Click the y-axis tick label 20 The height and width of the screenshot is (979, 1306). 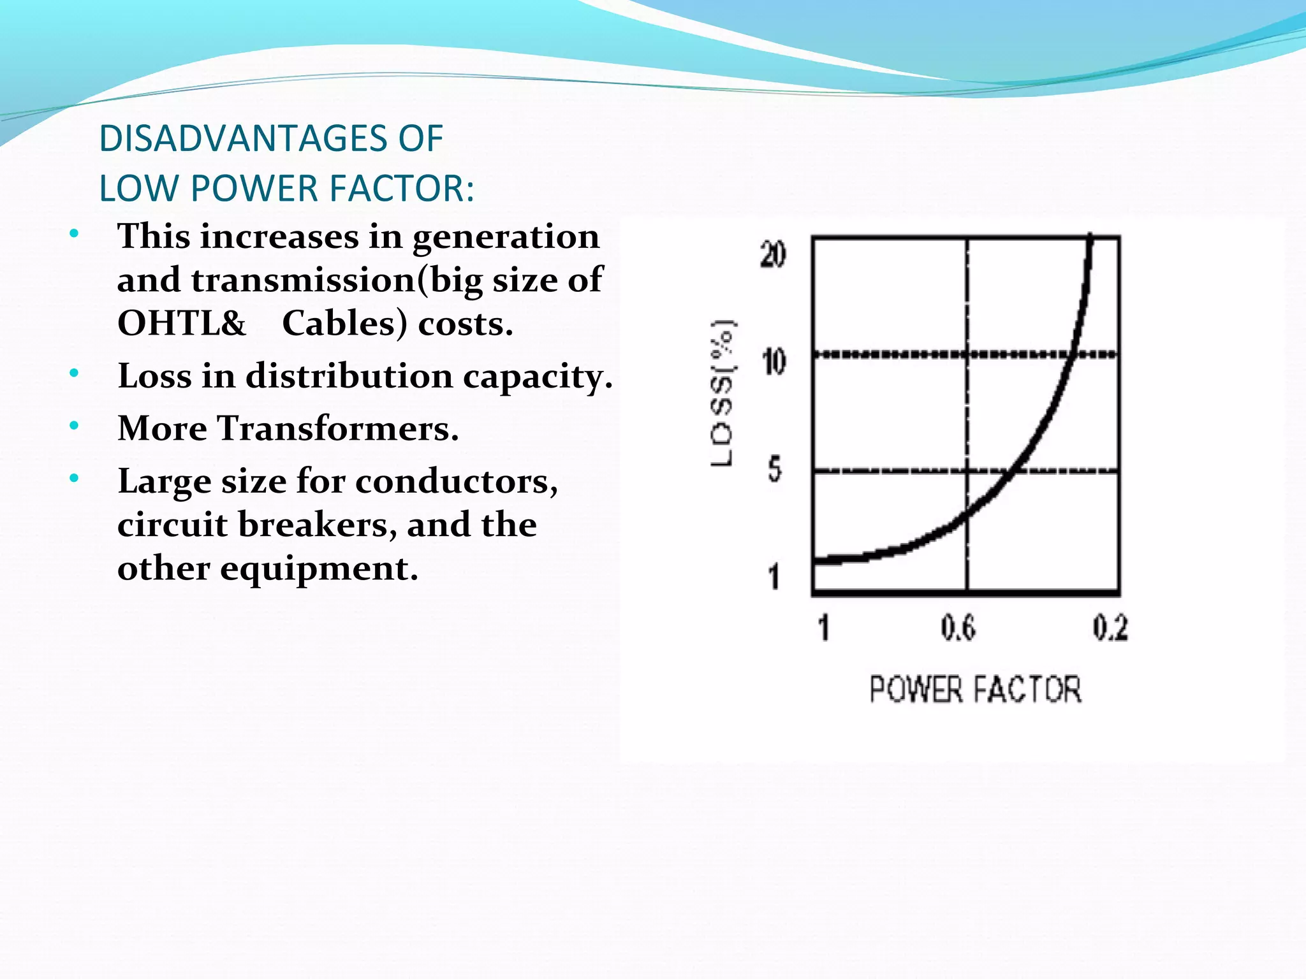coord(774,255)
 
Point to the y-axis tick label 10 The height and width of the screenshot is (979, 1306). coord(774,363)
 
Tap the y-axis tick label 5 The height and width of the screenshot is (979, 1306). coord(775,470)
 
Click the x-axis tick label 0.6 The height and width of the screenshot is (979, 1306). coord(958,628)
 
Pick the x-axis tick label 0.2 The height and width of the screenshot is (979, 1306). coord(1110,628)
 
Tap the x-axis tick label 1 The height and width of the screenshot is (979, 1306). coord(824,628)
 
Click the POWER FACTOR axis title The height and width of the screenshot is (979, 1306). coord(976,690)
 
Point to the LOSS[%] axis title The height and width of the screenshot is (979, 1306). coord(723,393)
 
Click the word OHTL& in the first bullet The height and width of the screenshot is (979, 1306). coord(182,324)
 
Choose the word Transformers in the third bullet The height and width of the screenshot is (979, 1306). coord(332,428)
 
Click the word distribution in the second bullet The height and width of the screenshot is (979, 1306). coord(349,376)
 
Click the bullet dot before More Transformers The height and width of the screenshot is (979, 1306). coord(75,426)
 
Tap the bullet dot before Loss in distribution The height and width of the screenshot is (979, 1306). coord(75,373)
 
